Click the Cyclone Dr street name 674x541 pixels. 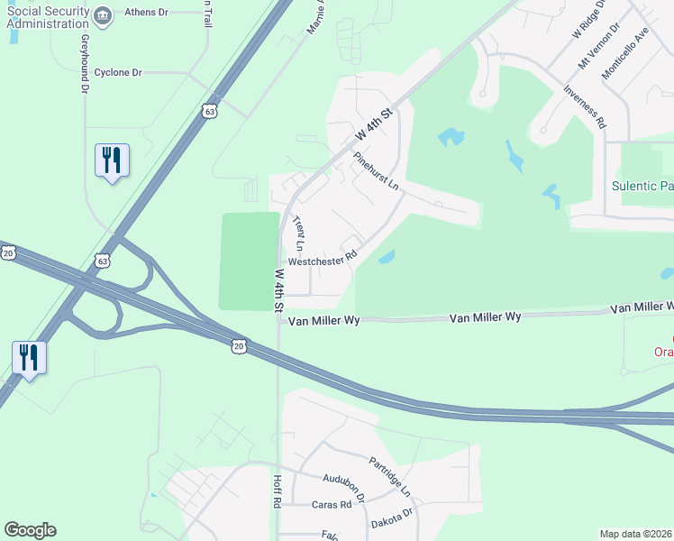coord(119,72)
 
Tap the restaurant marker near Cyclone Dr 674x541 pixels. coord(112,160)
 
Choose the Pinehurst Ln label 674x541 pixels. coord(376,171)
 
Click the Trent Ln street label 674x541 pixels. coord(300,234)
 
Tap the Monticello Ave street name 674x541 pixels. coord(625,53)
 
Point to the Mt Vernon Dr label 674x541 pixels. coord(599,45)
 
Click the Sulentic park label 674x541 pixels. coord(642,186)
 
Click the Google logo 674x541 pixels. coord(30,530)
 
